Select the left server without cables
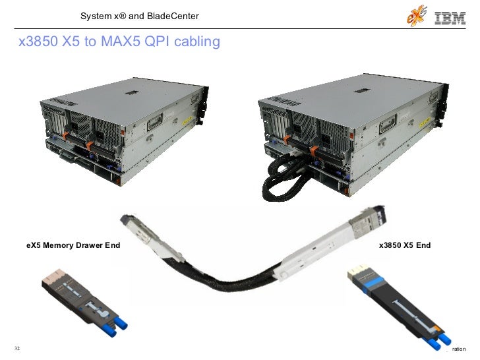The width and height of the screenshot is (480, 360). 123,136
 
